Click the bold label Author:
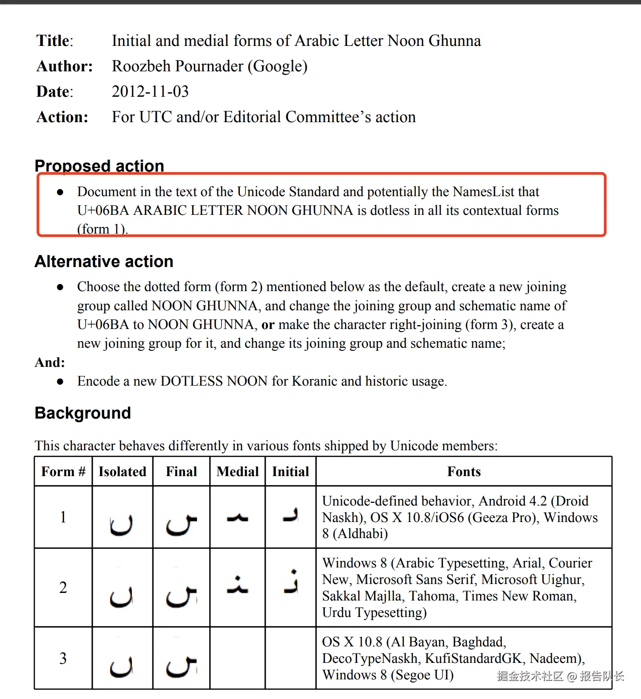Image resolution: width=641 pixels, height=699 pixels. (x=65, y=66)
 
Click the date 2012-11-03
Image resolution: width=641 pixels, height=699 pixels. (x=150, y=91)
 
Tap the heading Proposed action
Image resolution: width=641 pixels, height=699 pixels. (x=99, y=165)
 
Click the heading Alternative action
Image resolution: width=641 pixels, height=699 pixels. (x=104, y=261)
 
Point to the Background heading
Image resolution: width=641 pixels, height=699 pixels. (x=83, y=413)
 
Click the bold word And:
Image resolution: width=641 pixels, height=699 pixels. (x=50, y=362)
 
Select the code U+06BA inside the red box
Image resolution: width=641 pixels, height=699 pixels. (x=103, y=210)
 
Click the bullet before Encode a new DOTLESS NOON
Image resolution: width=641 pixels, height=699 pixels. (x=60, y=382)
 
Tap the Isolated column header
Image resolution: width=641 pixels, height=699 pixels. (x=122, y=472)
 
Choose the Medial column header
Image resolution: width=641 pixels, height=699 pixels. (x=238, y=472)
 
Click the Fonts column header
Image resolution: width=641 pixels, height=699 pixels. (x=464, y=472)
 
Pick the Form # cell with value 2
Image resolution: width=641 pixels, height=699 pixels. (x=63, y=588)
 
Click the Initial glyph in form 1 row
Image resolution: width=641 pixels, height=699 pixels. (x=291, y=516)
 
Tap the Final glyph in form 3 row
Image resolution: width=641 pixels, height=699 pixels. (x=181, y=666)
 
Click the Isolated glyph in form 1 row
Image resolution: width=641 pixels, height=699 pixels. (x=121, y=525)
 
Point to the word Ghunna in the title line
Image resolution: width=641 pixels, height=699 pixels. (x=455, y=41)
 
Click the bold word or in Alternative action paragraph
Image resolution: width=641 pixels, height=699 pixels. (x=268, y=325)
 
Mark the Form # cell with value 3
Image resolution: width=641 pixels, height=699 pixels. (x=63, y=658)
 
